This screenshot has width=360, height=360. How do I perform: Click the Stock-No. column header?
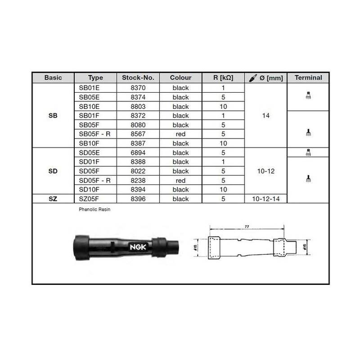[138, 77]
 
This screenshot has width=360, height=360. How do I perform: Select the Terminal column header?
[308, 77]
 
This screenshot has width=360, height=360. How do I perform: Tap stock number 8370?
[138, 88]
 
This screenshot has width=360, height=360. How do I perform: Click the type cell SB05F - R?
[94, 134]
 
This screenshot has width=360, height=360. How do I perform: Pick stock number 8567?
[138, 134]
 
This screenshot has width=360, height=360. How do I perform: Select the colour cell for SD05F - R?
[180, 181]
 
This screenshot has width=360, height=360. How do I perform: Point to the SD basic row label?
[53, 171]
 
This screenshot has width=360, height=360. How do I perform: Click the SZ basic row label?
[53, 199]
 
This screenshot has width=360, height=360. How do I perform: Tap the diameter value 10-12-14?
[266, 199]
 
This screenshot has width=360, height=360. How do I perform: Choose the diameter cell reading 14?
[266, 116]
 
